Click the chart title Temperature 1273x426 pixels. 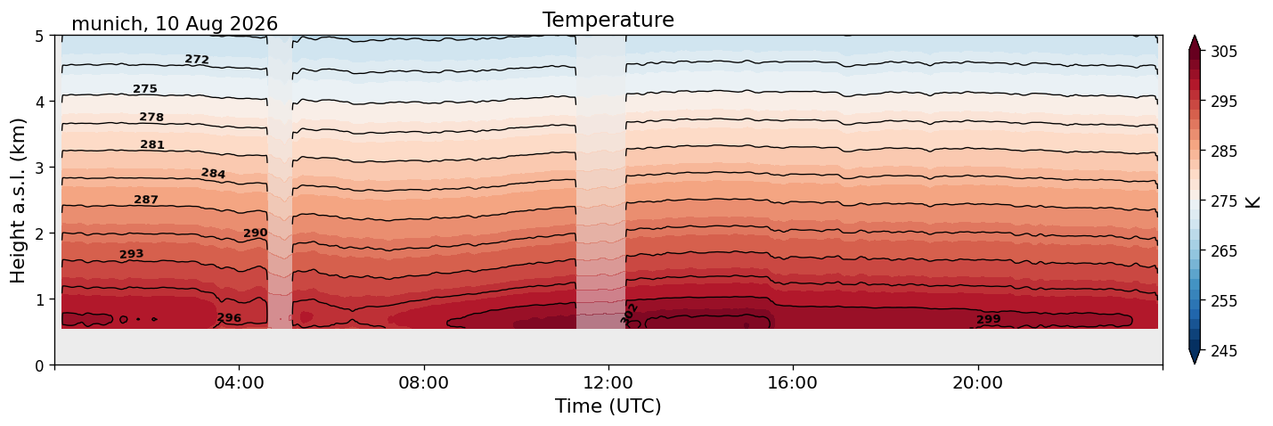pos(608,20)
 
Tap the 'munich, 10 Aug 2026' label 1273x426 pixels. pos(175,24)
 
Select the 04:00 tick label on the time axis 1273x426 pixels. pos(240,382)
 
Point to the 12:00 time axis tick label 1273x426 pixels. pos(608,382)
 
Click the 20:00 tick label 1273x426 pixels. pos(978,382)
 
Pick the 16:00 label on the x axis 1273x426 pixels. pos(794,382)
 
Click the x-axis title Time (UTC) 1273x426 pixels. pos(608,406)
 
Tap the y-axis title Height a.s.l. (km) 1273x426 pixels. pos(18,201)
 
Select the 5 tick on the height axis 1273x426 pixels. pos(39,37)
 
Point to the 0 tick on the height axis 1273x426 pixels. pos(39,365)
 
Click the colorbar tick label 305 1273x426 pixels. pos(1224,52)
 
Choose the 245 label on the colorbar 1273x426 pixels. pos(1224,351)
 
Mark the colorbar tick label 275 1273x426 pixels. pos(1224,201)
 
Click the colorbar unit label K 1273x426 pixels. pos(1252,202)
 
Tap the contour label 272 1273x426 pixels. pos(197,59)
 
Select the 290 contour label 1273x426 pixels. pos(255,233)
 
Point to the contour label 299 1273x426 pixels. pos(988,319)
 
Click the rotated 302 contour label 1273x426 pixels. pos(629,314)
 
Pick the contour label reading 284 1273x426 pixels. pos(213,174)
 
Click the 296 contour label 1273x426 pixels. pos(229,318)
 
